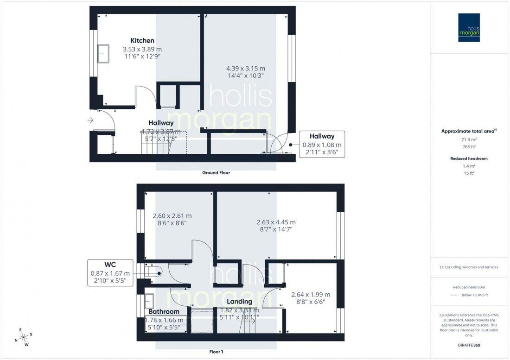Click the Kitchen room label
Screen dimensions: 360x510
(142, 41)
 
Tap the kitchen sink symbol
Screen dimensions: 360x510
(102, 54)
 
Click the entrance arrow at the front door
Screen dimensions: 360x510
(89, 120)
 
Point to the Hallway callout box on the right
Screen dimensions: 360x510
(322, 144)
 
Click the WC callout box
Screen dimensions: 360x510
(110, 272)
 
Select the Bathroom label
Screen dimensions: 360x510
(164, 311)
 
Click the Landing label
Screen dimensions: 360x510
(240, 302)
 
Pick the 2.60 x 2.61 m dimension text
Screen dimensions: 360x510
(172, 216)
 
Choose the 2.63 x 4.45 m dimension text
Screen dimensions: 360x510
(276, 222)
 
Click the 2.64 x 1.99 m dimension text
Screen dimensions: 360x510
(311, 295)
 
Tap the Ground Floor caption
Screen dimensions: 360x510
(216, 172)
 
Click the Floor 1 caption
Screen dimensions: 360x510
(216, 352)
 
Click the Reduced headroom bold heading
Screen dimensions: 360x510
(469, 158)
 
